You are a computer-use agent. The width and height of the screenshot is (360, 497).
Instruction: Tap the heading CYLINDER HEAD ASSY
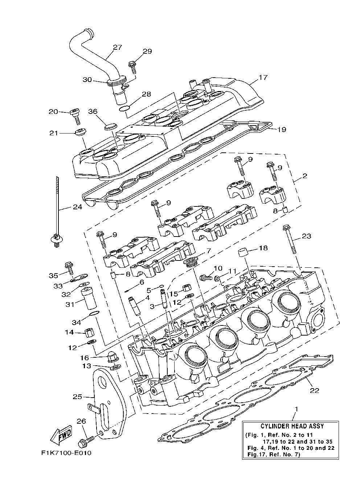click(292, 426)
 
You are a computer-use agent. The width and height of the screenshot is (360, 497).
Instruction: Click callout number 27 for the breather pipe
click(117, 47)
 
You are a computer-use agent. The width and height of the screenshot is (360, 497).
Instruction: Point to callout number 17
click(263, 77)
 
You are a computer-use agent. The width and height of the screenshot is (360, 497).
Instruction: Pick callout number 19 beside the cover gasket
click(282, 129)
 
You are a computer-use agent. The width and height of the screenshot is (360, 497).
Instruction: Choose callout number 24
click(77, 207)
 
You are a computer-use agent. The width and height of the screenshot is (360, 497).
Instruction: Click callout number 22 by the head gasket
click(314, 390)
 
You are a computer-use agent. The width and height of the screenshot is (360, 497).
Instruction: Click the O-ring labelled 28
click(124, 108)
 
